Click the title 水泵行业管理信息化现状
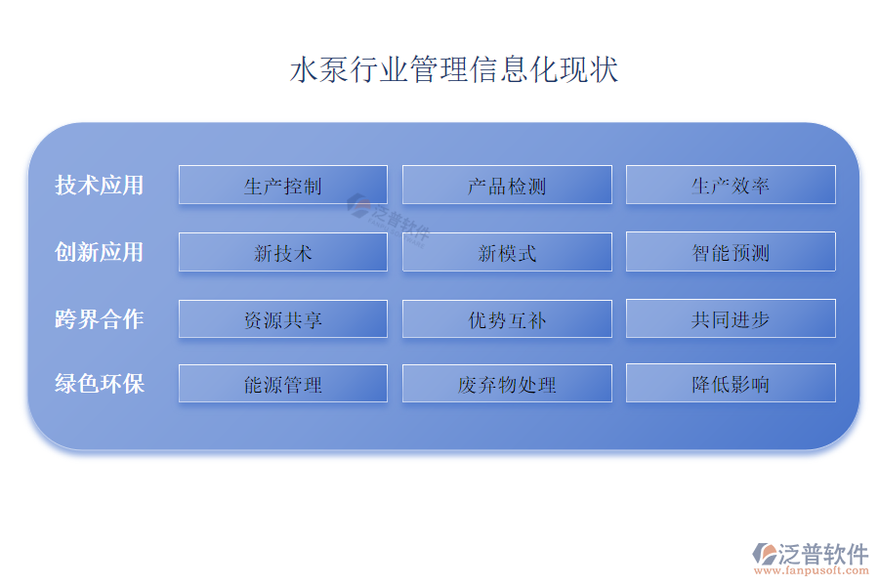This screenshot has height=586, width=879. point(454,69)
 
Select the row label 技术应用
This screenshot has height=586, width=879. point(100,185)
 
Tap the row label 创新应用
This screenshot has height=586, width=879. point(100,252)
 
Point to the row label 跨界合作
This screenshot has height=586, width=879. point(100,319)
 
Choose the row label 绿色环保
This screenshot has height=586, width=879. point(100,384)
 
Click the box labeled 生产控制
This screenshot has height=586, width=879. point(283,185)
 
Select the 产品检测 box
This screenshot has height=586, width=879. point(507,185)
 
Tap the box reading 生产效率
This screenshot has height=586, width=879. point(731,185)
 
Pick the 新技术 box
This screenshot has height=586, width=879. point(283,252)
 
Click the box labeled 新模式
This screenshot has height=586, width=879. point(507,252)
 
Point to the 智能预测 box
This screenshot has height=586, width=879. point(731,252)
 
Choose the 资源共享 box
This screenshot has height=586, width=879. point(283,319)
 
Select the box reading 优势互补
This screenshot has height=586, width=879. point(507,319)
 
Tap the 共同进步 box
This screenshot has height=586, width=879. point(731,318)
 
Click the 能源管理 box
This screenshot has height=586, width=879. point(283,384)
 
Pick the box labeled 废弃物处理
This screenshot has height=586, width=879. point(507,384)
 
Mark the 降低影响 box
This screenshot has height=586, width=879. point(731,383)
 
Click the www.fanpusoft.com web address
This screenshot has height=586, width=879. point(812,570)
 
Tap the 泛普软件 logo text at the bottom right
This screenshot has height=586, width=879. point(823,554)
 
